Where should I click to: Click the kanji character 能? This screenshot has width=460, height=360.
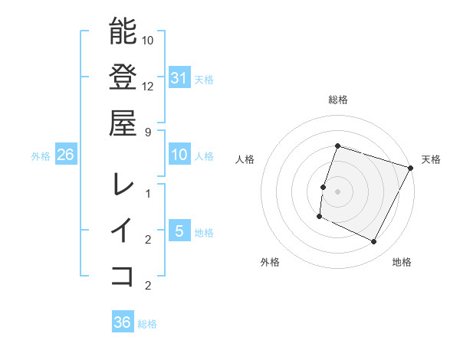coord(123,32)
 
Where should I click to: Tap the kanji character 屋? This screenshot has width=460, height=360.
coord(123,122)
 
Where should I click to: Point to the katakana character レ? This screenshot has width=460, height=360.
coord(123,185)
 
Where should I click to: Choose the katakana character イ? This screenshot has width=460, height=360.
coord(123,229)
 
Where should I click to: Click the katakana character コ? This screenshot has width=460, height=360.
coord(123,274)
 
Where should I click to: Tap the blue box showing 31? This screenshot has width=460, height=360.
coord(179,77)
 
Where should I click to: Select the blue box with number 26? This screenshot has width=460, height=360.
coord(66,155)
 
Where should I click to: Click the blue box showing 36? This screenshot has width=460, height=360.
coord(123,322)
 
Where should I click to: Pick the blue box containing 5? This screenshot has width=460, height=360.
coord(179,231)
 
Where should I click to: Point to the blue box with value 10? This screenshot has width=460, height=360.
coord(179,155)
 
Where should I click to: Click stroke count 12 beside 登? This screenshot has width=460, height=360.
coord(148,86)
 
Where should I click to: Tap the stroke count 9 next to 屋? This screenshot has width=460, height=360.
coord(148,131)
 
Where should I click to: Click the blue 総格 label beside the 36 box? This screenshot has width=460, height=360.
coord(147,324)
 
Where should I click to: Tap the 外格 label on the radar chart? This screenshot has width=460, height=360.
coord(270,262)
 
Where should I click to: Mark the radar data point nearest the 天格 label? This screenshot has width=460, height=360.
coord(412,168)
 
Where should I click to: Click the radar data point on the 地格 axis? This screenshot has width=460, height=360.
coord(374,242)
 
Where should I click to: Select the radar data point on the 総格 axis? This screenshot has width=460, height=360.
coord(337,146)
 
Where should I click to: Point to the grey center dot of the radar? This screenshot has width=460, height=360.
coord(337,191)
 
